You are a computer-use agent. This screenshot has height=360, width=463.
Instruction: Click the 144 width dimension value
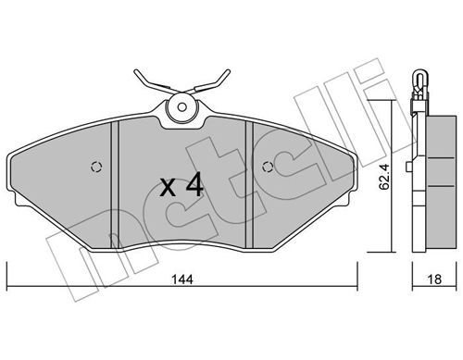182,279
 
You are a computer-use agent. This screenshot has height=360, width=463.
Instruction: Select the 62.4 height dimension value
384,177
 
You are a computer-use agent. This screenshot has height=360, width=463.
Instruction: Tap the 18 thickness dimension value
434,279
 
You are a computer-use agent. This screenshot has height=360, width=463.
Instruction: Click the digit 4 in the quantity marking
195,184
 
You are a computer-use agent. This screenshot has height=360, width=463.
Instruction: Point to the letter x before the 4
169,188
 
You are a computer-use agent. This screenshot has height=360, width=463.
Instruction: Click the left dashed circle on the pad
96,167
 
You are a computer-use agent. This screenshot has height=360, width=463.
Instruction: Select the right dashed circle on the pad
268,167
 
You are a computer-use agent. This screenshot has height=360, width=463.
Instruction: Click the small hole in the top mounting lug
182,107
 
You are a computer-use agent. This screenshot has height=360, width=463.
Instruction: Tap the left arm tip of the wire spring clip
136,72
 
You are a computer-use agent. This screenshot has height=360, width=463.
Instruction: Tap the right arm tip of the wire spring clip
228,71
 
